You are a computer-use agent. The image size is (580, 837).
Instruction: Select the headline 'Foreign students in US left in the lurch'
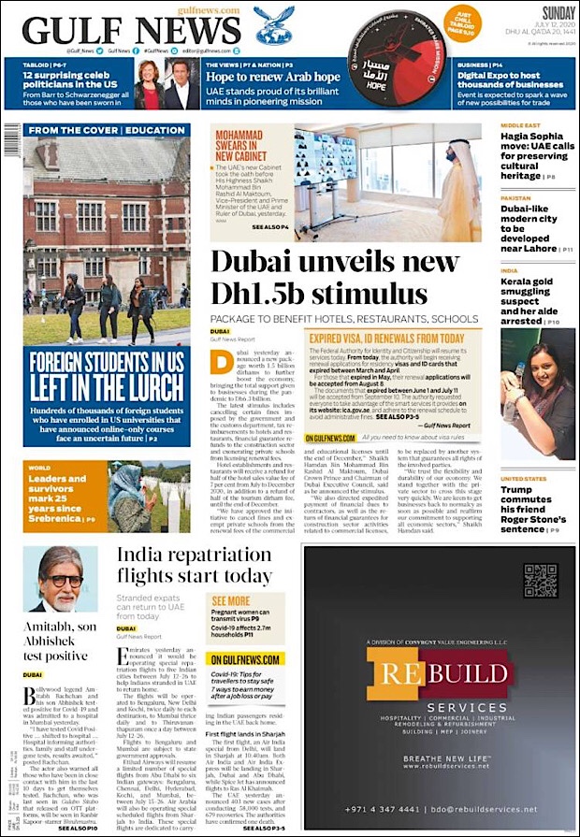106,375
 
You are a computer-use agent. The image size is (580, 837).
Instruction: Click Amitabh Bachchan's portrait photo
60,580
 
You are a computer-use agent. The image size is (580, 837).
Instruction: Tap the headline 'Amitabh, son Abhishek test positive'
59,641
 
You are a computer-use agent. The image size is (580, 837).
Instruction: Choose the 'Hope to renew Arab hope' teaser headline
273,77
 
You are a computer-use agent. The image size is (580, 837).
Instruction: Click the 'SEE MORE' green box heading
230,601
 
